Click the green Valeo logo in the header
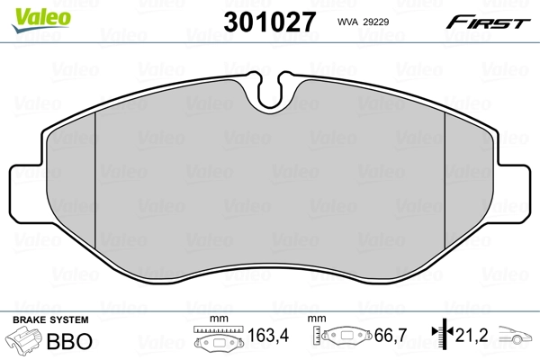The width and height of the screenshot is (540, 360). (30, 13)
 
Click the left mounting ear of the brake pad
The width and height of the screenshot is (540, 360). (25, 197)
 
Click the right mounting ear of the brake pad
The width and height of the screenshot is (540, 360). (516, 197)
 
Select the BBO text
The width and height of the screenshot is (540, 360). (74, 343)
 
